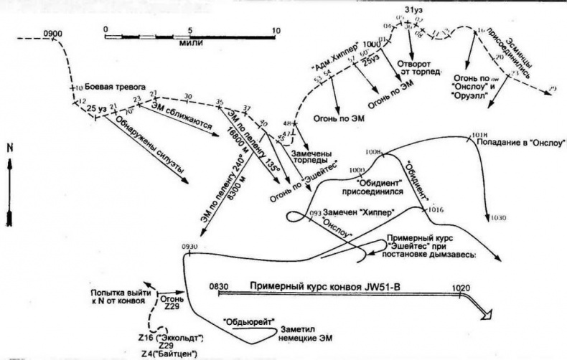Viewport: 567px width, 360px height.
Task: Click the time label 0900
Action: [54, 33]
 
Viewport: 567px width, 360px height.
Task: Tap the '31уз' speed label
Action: [414, 9]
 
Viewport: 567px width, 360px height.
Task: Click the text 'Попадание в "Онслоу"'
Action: [520, 143]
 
